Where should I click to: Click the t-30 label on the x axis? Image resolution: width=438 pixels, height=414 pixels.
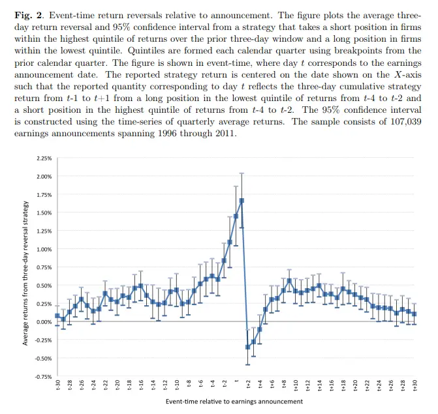57,386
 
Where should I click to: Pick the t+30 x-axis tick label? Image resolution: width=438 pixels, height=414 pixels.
415,386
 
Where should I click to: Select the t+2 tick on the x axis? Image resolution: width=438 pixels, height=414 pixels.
248,386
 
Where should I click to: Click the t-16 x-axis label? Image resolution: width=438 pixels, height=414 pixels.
141,386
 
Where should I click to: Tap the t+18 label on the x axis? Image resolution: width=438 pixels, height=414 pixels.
343,386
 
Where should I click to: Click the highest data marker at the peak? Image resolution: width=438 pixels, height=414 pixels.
242,200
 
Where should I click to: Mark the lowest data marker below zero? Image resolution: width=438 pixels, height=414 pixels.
248,347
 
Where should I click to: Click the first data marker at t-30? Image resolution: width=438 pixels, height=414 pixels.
57,316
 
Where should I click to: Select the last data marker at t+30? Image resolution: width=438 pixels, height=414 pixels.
415,314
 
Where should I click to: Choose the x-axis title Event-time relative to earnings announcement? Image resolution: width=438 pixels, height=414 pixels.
235,402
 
